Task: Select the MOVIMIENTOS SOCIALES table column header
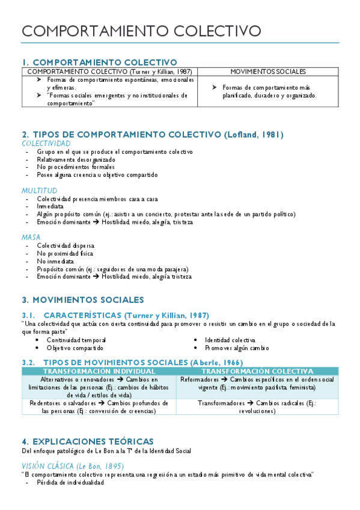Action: [268, 72]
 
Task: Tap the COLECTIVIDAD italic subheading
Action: [46, 144]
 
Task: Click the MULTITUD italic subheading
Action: [39, 191]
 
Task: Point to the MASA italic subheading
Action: [31, 237]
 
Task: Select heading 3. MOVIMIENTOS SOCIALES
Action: [83, 300]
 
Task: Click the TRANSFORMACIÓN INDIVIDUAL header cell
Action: [99, 372]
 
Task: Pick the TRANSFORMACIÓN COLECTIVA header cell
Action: [258, 372]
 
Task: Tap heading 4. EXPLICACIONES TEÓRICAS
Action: [88, 441]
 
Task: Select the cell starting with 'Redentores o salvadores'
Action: [99, 407]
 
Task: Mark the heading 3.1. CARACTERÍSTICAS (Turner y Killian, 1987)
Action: [115, 315]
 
